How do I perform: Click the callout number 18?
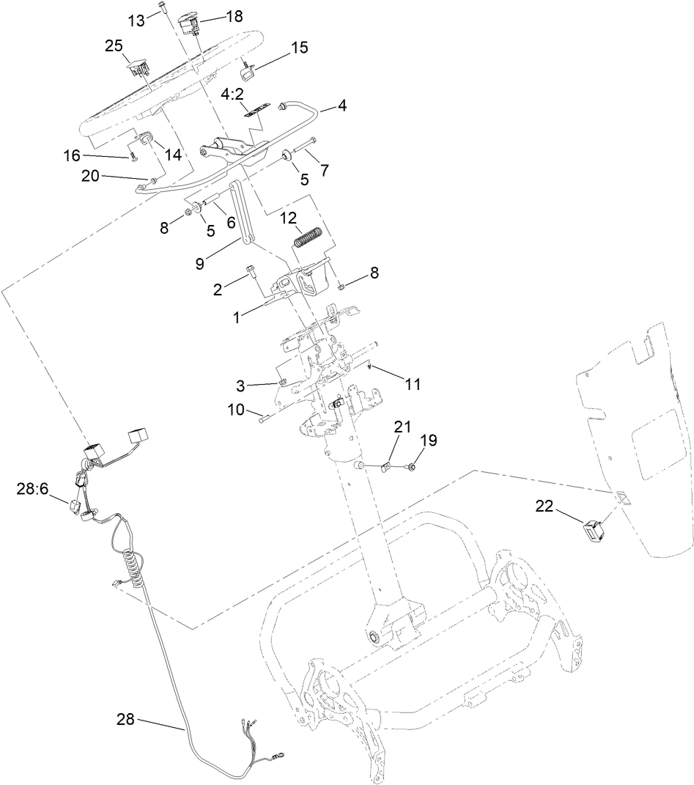(234, 17)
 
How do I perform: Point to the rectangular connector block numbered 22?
(594, 529)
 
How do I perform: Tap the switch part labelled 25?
(137, 68)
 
